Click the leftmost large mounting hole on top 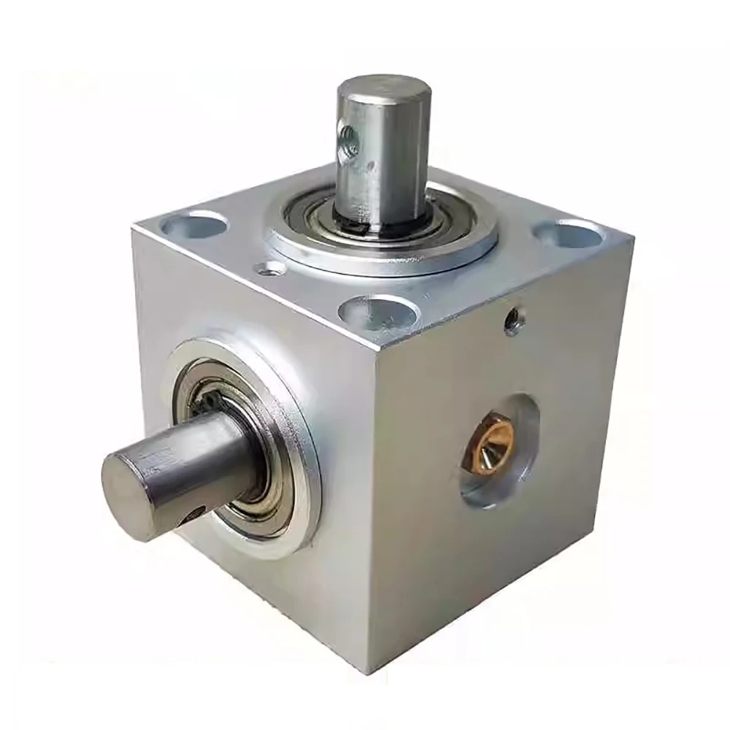point(193,224)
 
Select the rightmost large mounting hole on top point(569,234)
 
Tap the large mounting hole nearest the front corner point(379,312)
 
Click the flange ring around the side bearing point(303,511)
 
